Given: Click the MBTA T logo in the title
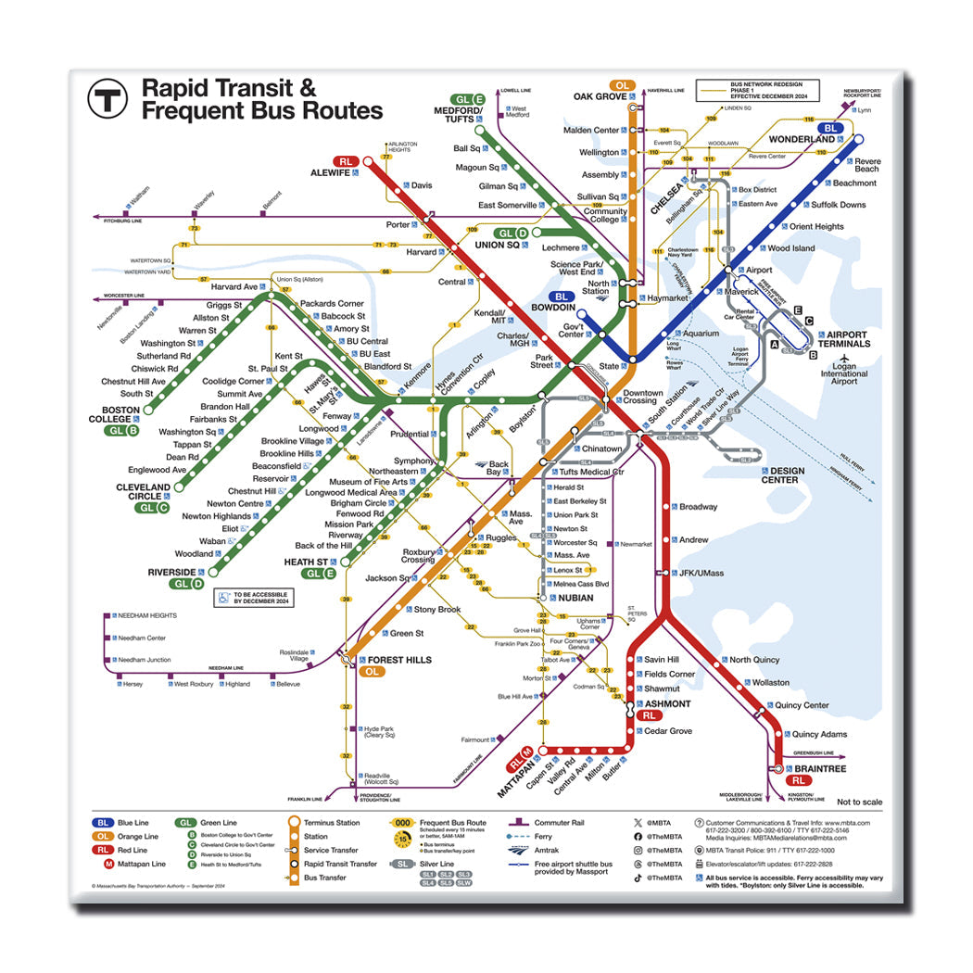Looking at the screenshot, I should (x=107, y=97).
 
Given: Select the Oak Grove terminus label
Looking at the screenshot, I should (x=600, y=96).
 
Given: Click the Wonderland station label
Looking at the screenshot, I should (x=801, y=140).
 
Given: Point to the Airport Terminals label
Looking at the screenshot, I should (x=848, y=339).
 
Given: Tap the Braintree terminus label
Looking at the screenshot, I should (x=819, y=768).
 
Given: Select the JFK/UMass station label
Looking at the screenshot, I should (x=700, y=573).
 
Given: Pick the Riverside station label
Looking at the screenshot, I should (x=172, y=572).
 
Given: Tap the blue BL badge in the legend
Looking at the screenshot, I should (x=102, y=822).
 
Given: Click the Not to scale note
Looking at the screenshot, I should (x=859, y=802).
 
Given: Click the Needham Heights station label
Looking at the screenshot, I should (x=147, y=615).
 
